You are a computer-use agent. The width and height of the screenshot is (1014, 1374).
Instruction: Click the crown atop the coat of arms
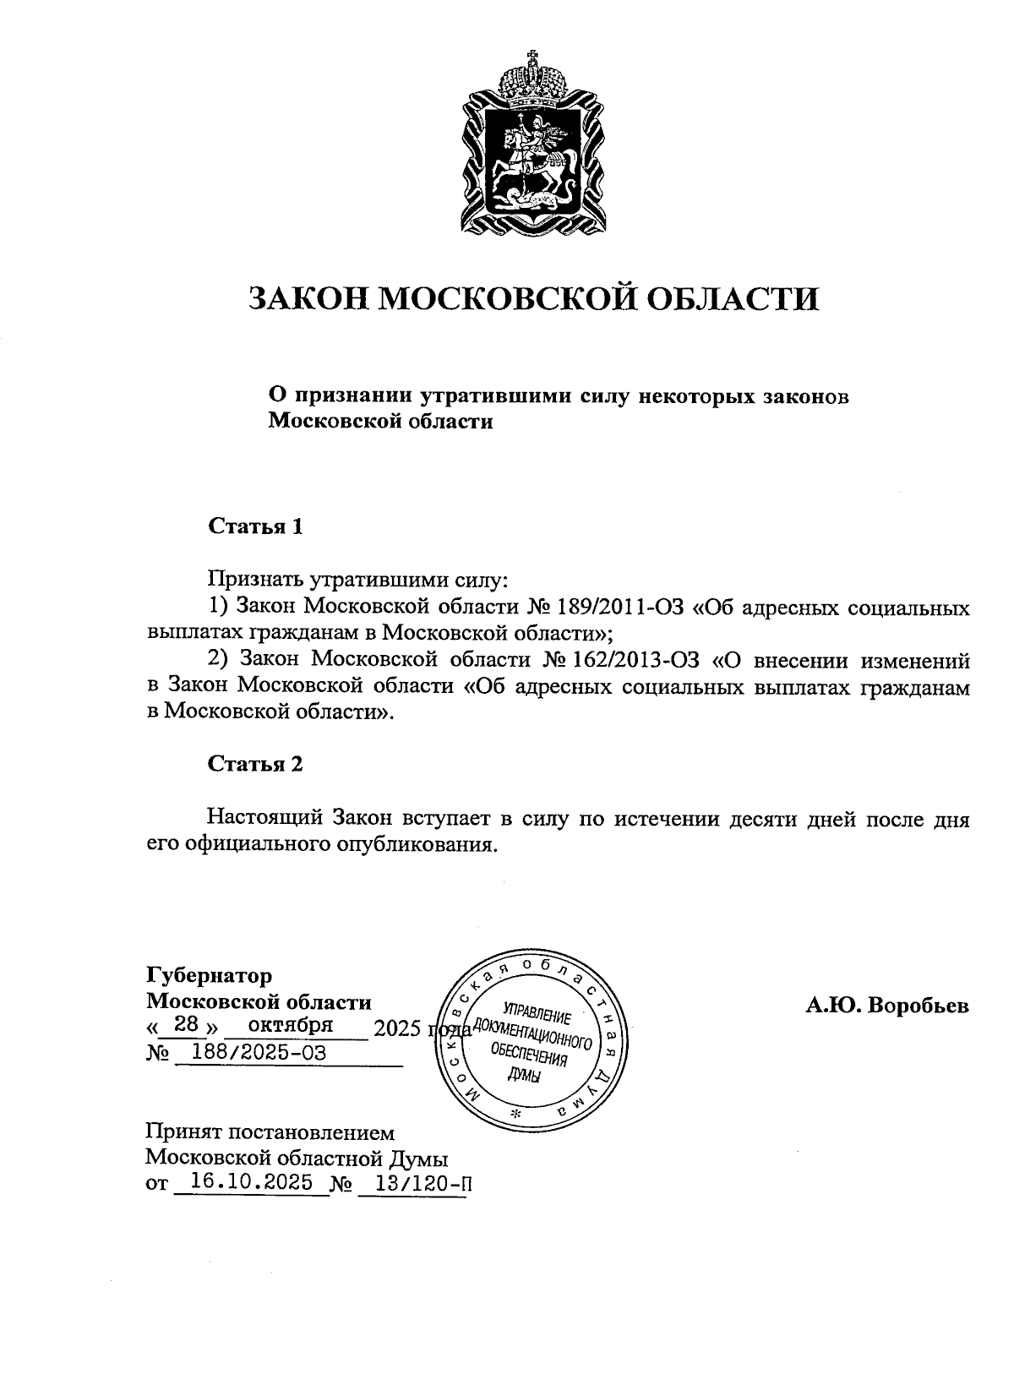tap(532, 80)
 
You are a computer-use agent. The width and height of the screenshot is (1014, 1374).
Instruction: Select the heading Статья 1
tap(255, 526)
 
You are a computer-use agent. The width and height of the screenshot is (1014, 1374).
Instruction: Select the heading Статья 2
tap(255, 764)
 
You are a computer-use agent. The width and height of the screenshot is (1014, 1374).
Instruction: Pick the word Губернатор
tap(210, 976)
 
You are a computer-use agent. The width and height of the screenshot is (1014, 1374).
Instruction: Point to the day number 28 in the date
tap(183, 1025)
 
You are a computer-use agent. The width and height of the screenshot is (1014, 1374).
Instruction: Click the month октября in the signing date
tap(291, 1025)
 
